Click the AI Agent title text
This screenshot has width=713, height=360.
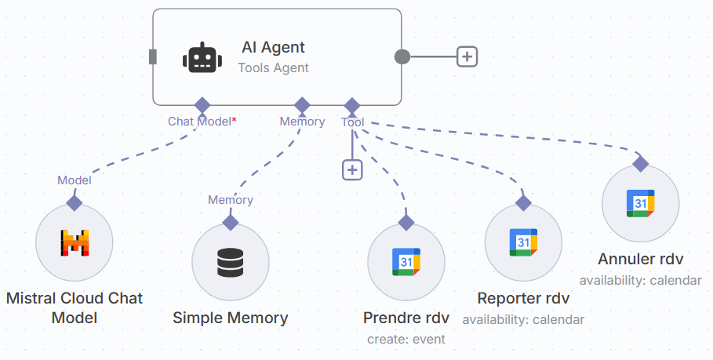273,48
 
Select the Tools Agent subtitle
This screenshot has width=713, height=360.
273,68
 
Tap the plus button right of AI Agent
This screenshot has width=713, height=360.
467,56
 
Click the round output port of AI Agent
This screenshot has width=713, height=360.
402,56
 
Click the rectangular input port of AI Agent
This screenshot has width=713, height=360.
153,56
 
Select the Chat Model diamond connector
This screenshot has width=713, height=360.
202,104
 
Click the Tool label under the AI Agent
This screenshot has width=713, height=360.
352,122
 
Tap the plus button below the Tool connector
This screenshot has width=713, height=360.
352,169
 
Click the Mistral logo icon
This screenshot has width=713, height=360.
75,242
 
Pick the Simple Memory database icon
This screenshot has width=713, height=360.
231,262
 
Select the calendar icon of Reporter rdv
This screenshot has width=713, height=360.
523,242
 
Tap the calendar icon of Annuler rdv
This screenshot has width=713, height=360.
640,204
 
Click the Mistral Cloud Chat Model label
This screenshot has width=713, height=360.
75,308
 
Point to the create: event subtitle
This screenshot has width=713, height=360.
406,340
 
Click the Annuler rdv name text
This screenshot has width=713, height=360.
640,259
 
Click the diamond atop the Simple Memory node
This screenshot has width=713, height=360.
231,222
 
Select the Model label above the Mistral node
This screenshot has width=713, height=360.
75,180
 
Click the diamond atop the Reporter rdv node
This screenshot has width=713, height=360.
523,202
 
